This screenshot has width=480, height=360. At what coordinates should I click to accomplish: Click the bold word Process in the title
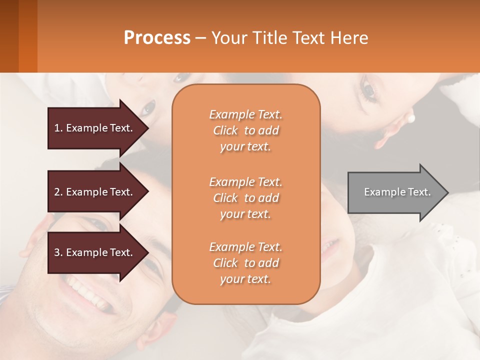pyautogui.click(x=157, y=37)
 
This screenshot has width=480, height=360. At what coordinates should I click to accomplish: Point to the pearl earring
pyautogui.click(x=411, y=118)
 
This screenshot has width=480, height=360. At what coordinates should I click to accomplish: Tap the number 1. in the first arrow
pyautogui.click(x=58, y=128)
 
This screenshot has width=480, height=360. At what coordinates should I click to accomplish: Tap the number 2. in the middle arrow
pyautogui.click(x=58, y=192)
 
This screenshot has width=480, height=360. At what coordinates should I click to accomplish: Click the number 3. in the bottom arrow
pyautogui.click(x=58, y=252)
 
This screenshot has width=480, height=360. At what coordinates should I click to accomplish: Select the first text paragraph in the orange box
pyautogui.click(x=245, y=130)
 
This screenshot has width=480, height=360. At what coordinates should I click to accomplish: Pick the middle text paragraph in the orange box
pyautogui.click(x=245, y=198)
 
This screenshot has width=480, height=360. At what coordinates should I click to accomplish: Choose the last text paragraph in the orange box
pyautogui.click(x=245, y=263)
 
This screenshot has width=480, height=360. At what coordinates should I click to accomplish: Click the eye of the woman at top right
pyautogui.click(x=369, y=90)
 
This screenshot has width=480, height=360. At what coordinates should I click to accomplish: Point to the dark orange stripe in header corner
pyautogui.click(x=27, y=36)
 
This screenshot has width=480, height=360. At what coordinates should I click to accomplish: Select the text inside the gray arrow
pyautogui.click(x=397, y=192)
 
